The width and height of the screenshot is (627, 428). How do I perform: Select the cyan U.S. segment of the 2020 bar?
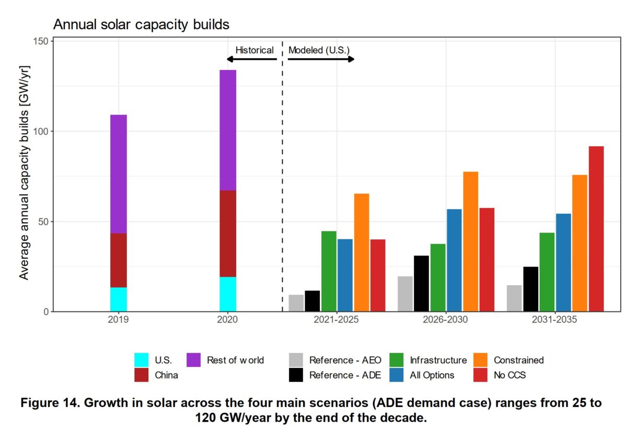click(x=228, y=294)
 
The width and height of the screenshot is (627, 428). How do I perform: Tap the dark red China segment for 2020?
click(x=228, y=234)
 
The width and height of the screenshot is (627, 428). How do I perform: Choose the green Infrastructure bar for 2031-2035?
click(x=547, y=272)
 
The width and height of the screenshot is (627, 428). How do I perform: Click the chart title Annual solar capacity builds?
click(x=142, y=25)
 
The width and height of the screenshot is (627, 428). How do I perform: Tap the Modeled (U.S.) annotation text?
click(x=319, y=50)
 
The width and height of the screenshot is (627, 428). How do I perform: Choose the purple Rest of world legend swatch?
click(x=194, y=360)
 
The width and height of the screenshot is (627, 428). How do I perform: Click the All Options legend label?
click(x=432, y=375)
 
